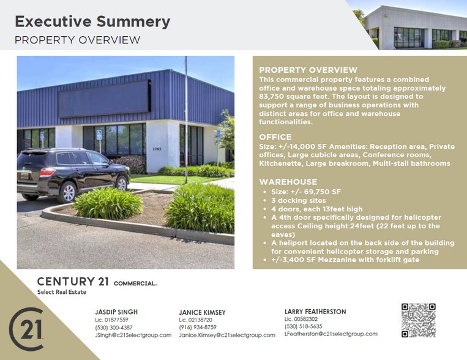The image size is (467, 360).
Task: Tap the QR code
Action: point(418,320)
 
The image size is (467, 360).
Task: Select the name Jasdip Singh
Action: point(116,312)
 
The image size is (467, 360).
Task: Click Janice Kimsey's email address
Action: point(227,336)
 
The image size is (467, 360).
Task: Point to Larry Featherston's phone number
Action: point(304,326)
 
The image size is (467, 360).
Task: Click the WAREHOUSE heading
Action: point(288,182)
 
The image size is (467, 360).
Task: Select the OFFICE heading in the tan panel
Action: point(275,137)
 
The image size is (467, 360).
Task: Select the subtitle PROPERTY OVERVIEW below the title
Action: point(77,40)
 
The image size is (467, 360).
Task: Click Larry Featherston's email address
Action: point(331,334)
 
